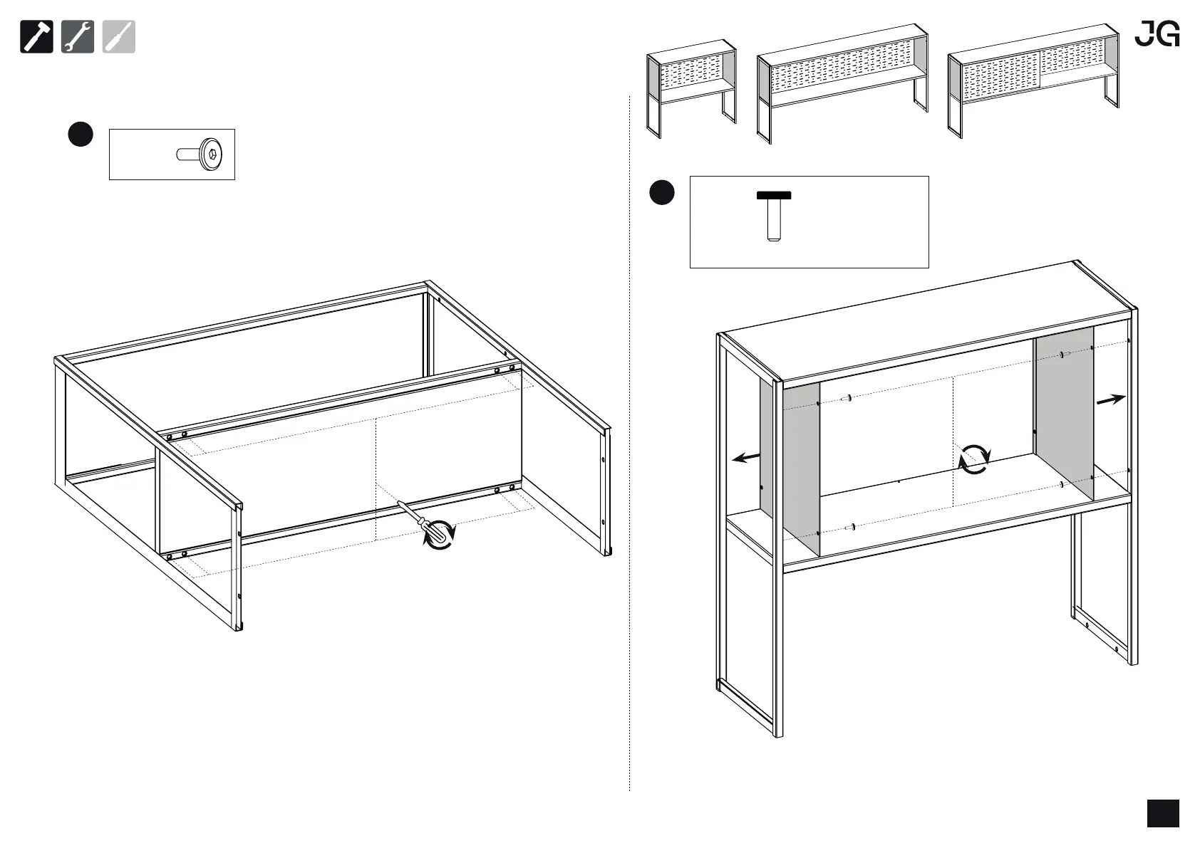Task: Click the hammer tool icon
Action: pyautogui.click(x=36, y=37)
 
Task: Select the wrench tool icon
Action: pyautogui.click(x=78, y=37)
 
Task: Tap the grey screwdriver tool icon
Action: pyautogui.click(x=118, y=37)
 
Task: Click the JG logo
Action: pyautogui.click(x=1157, y=33)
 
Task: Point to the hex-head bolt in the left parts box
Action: pyautogui.click(x=200, y=154)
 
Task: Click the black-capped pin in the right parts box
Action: pyautogui.click(x=774, y=215)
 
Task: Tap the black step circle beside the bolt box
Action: pyautogui.click(x=81, y=135)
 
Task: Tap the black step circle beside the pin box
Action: pyautogui.click(x=662, y=192)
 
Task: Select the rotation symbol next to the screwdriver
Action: pyautogui.click(x=440, y=535)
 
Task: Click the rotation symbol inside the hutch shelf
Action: pyautogui.click(x=973, y=459)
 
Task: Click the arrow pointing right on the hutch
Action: pyautogui.click(x=1110, y=400)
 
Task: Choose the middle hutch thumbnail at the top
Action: pyautogui.click(x=842, y=85)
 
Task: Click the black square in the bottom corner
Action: pyautogui.click(x=1163, y=813)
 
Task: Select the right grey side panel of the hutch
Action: pyautogui.click(x=1063, y=413)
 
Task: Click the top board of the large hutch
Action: pyautogui.click(x=926, y=320)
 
